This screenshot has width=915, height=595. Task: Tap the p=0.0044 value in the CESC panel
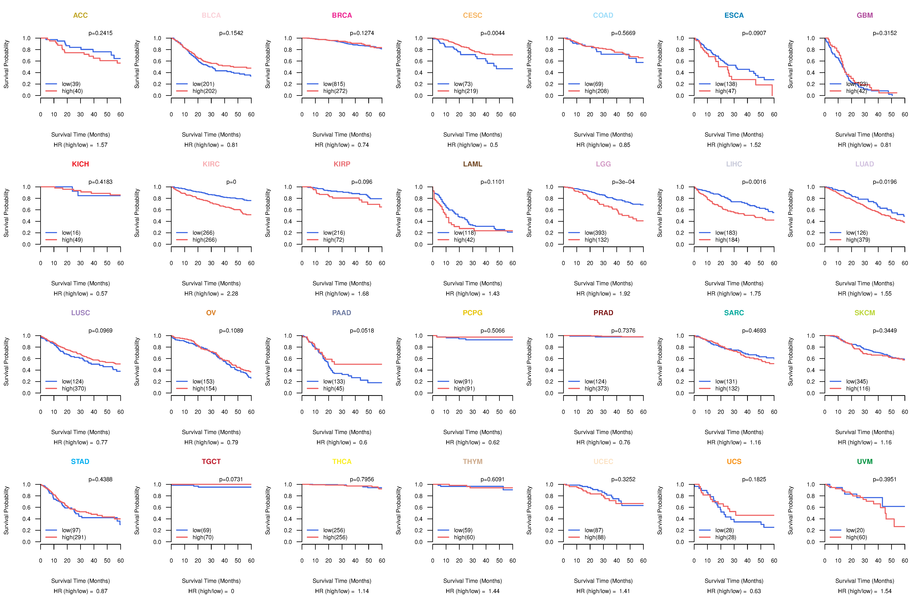[492, 33]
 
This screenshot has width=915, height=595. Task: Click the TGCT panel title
[211, 462]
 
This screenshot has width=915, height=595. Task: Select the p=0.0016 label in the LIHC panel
[754, 182]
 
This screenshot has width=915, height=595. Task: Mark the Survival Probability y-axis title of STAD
[6, 510]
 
